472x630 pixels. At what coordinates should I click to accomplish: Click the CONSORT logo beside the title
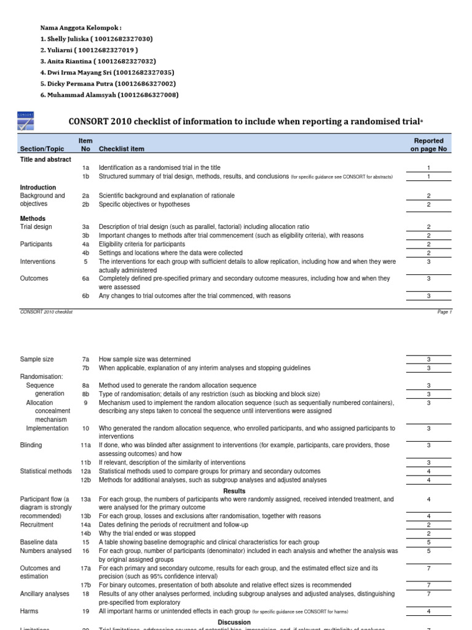[x=26, y=121]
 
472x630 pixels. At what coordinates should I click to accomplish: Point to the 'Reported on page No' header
[x=428, y=145]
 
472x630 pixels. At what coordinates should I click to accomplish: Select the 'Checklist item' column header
[x=122, y=149]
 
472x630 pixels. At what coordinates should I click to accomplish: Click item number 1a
[x=85, y=168]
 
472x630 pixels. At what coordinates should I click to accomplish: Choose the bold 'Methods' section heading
[x=33, y=218]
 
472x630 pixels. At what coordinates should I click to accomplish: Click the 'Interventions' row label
[x=37, y=261]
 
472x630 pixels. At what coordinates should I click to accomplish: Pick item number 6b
[x=85, y=296]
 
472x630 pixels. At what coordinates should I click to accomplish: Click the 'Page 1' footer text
[x=444, y=312]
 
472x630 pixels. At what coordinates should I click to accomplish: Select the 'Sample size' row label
[x=37, y=359]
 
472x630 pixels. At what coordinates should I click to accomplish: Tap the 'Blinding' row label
[x=31, y=445]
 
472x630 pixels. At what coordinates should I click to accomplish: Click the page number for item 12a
[x=428, y=471]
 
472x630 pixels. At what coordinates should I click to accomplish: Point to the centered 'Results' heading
[x=235, y=491]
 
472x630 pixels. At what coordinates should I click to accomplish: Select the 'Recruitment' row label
[x=37, y=525]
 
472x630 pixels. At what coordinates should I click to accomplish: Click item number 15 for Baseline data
[x=85, y=542]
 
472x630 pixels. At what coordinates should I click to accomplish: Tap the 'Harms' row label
[x=29, y=612]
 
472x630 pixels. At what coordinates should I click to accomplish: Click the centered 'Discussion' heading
[x=234, y=623]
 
